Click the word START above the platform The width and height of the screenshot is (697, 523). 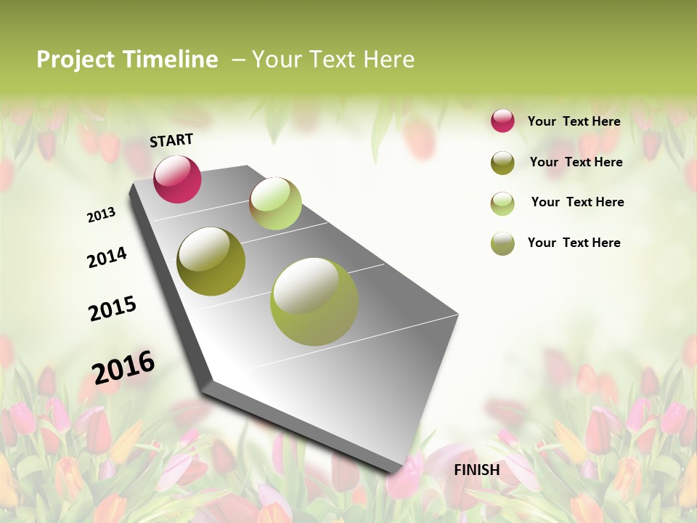coord(171,139)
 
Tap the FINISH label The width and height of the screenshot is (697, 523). coord(476,470)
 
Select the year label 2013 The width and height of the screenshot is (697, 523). coord(102,215)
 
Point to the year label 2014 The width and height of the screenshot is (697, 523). coord(107,257)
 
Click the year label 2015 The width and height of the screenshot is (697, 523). coord(113,309)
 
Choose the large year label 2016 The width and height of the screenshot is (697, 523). coord(123,366)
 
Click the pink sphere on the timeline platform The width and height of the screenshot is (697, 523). coord(177,179)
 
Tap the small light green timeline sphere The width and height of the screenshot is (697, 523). coord(275,203)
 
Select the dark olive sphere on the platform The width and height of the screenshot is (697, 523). coord(211,261)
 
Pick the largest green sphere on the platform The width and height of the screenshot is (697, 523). coord(314,301)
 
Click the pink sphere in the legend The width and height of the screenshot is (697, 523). coord(502,121)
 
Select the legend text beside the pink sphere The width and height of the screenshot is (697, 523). coord(574,121)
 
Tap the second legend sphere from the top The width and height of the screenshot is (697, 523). coord(502,163)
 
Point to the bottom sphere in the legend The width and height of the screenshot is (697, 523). coord(502,243)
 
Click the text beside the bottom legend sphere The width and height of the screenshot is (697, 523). coord(574,243)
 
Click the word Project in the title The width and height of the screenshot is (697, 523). coord(76,60)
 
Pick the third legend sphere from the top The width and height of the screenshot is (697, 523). coord(502,203)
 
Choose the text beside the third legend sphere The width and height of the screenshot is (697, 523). coord(577,202)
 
